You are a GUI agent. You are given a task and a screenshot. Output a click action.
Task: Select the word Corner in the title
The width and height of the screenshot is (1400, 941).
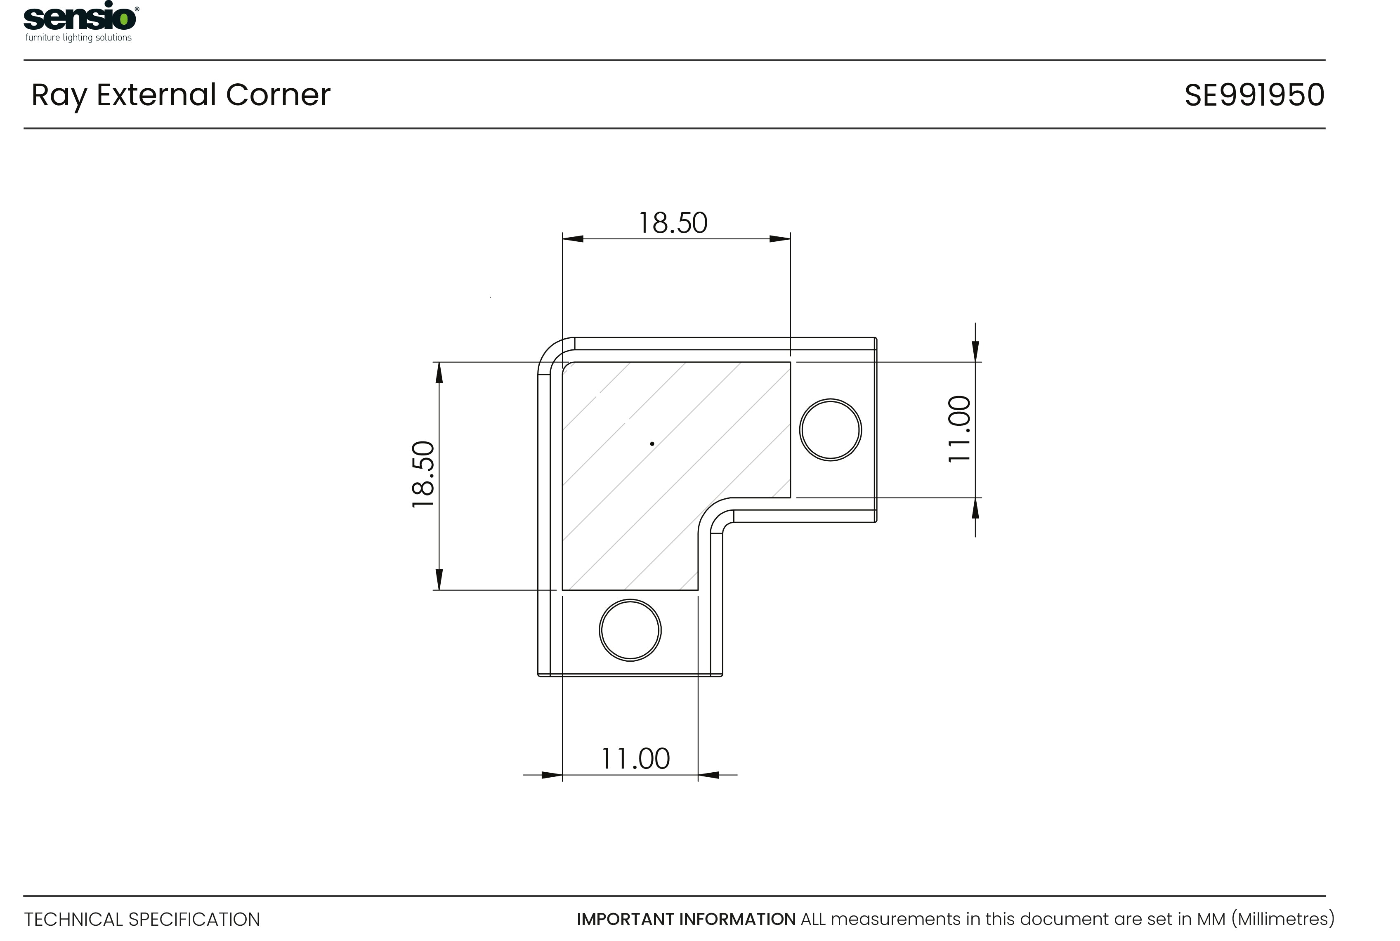click(x=278, y=95)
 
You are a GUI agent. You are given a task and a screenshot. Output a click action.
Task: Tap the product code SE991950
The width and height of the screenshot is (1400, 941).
click(x=1254, y=95)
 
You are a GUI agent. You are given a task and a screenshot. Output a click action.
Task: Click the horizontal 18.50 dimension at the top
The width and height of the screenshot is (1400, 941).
click(x=673, y=223)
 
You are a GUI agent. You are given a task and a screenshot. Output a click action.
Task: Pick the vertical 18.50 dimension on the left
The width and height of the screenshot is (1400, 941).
click(x=423, y=474)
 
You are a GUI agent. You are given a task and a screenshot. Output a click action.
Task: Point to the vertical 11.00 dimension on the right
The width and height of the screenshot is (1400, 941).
click(x=959, y=429)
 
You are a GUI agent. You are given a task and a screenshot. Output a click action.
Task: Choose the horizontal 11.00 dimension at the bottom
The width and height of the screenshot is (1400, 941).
click(x=635, y=759)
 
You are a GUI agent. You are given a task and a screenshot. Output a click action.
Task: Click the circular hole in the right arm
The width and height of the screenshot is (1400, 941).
click(x=831, y=430)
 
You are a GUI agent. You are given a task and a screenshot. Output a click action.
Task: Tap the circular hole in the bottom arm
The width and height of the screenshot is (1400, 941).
click(x=630, y=630)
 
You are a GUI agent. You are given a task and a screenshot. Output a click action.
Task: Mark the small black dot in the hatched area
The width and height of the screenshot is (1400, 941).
click(x=652, y=443)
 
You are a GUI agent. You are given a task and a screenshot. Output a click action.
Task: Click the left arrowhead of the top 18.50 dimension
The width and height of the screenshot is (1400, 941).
click(x=572, y=239)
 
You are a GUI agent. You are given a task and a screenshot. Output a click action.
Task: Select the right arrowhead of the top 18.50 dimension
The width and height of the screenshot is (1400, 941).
click(x=780, y=239)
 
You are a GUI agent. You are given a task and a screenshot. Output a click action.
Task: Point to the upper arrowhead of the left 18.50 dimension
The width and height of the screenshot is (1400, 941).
click(x=439, y=372)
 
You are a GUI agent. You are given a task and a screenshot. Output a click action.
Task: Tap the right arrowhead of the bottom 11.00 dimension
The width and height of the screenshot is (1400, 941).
click(x=708, y=775)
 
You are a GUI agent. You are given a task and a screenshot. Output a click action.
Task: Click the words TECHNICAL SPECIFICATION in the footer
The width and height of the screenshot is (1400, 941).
click(x=142, y=920)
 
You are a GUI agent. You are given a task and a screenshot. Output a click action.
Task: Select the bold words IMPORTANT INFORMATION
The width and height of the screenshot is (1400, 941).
click(x=686, y=920)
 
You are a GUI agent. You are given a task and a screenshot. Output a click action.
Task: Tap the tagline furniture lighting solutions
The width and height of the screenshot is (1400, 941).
click(x=79, y=38)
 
